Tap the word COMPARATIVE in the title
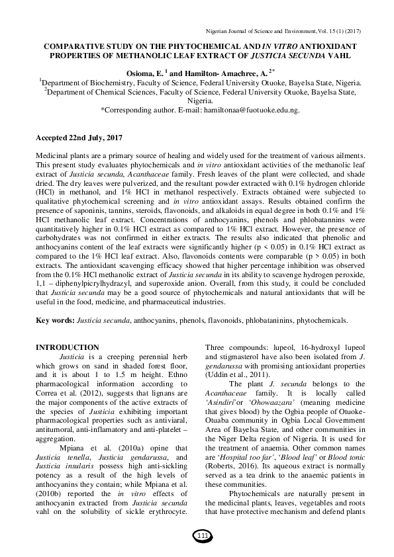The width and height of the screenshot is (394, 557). coord(74,47)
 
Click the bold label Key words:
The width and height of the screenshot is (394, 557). coord(55,320)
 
